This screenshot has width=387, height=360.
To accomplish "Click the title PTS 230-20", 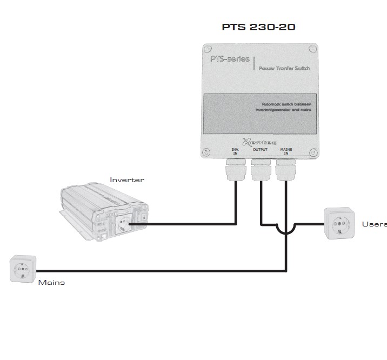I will (x=259, y=26).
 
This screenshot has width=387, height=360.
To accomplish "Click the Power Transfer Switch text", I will (x=283, y=68).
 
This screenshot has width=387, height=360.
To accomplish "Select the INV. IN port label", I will (x=235, y=151).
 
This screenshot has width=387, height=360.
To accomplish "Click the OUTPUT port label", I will (x=261, y=149).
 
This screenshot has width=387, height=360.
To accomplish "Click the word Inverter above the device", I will (x=127, y=180).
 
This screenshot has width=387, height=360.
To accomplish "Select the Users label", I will (x=374, y=224).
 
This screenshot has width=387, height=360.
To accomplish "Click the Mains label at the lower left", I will (x=51, y=282).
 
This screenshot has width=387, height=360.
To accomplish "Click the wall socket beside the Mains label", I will (x=23, y=269).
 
